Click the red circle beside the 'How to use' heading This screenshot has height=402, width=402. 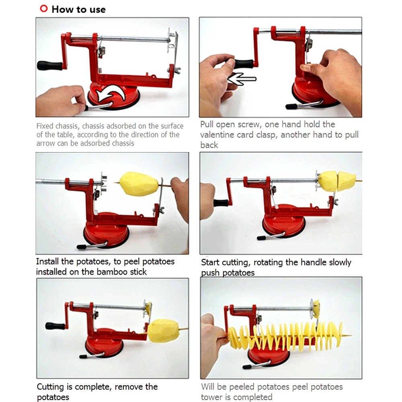click(x=44, y=8)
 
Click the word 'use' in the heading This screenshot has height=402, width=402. click(x=97, y=10)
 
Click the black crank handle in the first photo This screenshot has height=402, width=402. click(x=50, y=66)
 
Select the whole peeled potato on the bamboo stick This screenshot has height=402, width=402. click(x=139, y=184)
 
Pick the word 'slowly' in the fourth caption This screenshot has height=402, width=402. click(x=338, y=263)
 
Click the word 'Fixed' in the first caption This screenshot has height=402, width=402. click(x=45, y=126)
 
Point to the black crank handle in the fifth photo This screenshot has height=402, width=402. click(x=55, y=326)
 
